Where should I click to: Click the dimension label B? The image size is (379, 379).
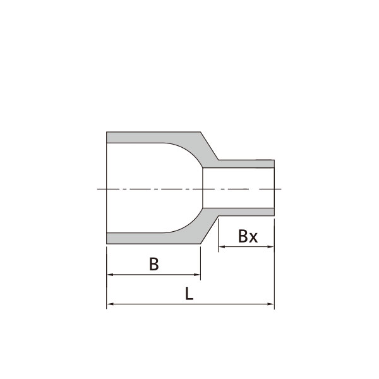(x=154, y=264)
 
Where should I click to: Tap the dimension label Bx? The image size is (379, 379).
(x=248, y=236)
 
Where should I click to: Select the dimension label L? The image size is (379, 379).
(x=189, y=294)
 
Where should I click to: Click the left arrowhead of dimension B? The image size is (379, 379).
(x=110, y=275)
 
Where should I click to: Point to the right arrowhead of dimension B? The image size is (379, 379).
(x=197, y=275)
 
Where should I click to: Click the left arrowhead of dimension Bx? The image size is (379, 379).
(x=222, y=246)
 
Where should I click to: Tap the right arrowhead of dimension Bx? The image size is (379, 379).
(x=271, y=246)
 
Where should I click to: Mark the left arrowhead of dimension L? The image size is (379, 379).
(x=110, y=304)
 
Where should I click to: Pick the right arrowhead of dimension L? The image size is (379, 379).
(x=271, y=304)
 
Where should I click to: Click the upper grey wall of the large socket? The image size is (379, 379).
(x=145, y=137)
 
